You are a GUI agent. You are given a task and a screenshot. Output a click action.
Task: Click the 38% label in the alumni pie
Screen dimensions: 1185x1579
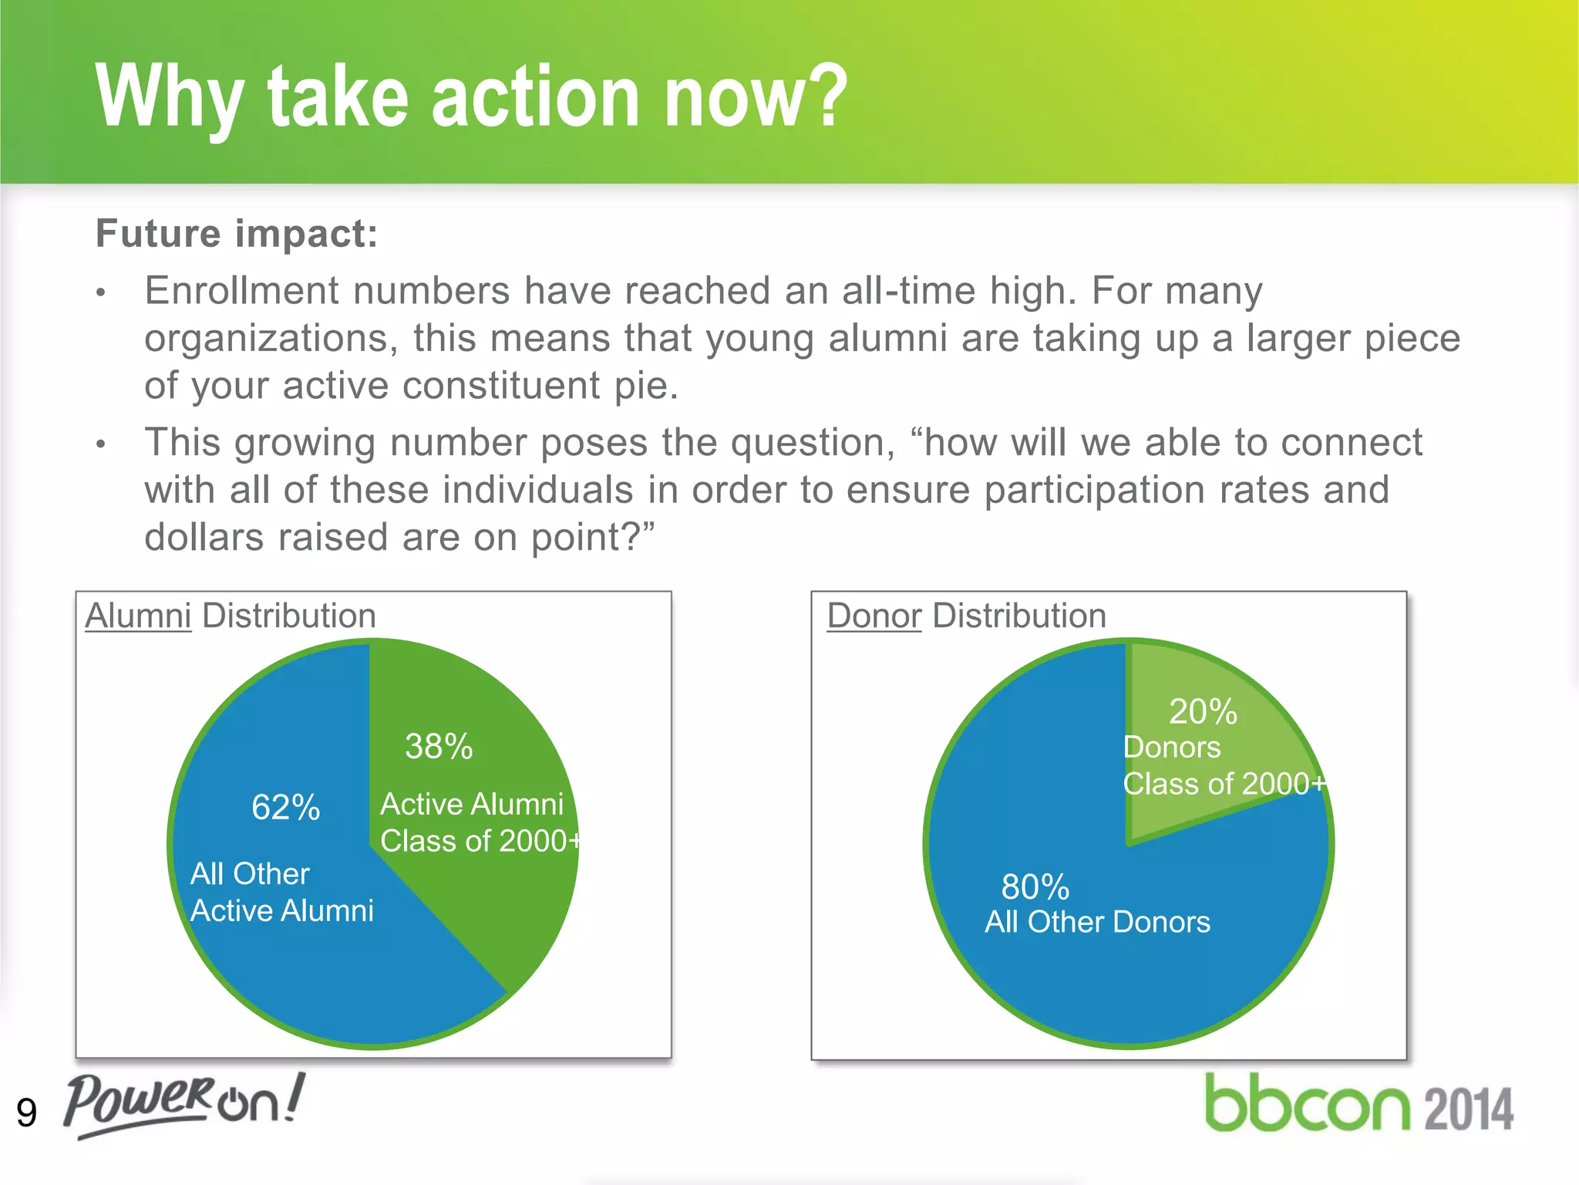click(x=439, y=746)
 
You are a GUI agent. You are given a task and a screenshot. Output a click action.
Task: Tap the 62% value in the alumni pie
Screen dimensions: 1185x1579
click(x=285, y=808)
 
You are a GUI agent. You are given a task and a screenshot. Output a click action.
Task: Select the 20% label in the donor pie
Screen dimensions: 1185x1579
click(x=1202, y=711)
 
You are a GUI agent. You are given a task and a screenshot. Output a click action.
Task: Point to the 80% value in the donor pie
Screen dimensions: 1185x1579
click(x=1035, y=887)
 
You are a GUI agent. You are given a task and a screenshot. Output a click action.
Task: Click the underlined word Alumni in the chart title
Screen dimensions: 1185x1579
click(x=138, y=616)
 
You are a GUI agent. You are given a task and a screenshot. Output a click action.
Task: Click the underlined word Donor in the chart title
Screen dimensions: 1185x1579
click(x=874, y=616)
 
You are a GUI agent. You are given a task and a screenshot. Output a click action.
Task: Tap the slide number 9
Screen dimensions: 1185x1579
click(x=26, y=1112)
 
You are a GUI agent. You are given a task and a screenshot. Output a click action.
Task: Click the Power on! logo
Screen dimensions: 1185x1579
click(x=183, y=1104)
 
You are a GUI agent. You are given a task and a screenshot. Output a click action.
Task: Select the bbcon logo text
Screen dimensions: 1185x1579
click(x=1307, y=1104)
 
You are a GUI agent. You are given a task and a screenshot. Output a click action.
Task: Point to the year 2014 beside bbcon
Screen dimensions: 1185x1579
click(x=1468, y=1109)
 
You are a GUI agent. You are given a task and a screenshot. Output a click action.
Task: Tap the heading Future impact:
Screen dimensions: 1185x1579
click(x=237, y=233)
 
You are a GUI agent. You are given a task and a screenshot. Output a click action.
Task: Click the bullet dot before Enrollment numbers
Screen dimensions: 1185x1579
click(x=100, y=293)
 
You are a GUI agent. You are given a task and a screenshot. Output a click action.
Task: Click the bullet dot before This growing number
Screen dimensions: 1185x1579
click(x=100, y=444)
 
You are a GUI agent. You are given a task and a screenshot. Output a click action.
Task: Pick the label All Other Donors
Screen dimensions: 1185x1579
click(x=1097, y=922)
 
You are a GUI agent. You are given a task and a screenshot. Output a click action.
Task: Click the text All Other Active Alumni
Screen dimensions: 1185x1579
click(x=281, y=893)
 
